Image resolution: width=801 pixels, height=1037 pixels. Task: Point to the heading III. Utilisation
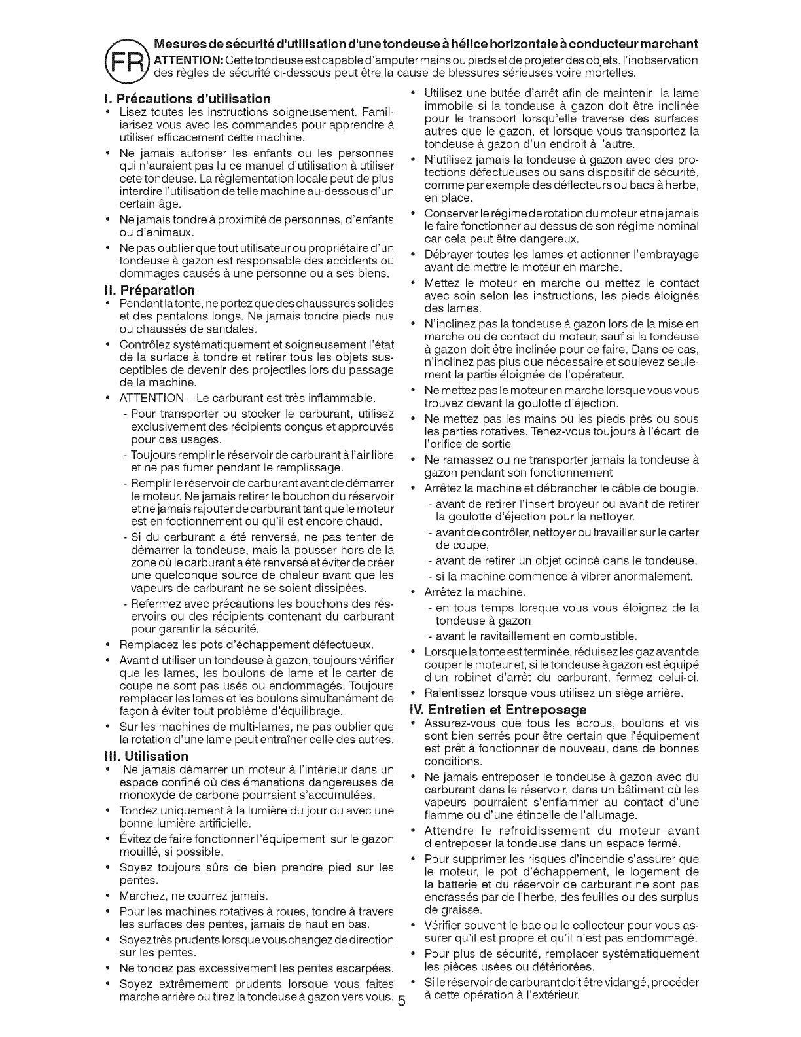(151, 756)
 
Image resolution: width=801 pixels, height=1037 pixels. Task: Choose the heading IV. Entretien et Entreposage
(497, 710)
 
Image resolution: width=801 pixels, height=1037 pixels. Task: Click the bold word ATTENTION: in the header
(186, 60)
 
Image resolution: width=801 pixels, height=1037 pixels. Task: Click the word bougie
(681, 489)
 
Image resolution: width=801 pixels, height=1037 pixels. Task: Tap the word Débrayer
(448, 254)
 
